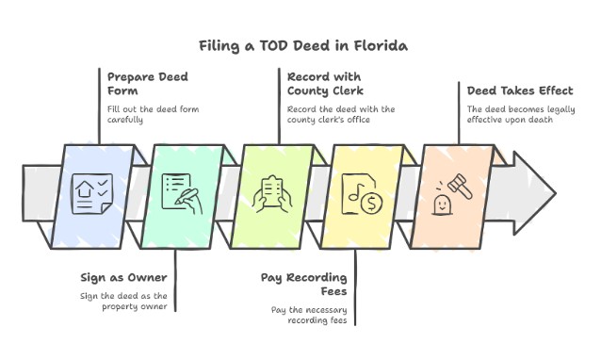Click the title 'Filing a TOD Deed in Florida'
tap(300, 45)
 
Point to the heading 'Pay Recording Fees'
tap(303, 285)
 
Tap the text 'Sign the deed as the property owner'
tap(127, 303)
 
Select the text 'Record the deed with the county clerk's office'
tap(340, 114)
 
